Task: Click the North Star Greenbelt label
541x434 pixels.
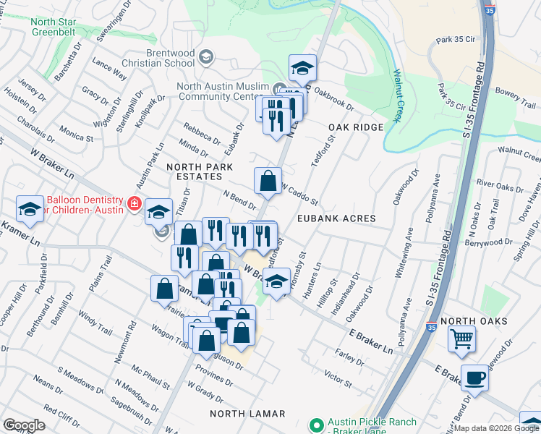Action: [x=53, y=27]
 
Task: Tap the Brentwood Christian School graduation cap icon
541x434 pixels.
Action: [x=206, y=57]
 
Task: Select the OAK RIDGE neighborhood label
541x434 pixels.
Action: [x=355, y=127]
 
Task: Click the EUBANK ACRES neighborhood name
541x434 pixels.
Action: [x=336, y=218]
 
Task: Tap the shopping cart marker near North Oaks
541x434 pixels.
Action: [x=461, y=338]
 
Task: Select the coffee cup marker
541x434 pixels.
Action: [x=475, y=377]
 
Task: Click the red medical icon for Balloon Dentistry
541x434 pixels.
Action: [x=133, y=205]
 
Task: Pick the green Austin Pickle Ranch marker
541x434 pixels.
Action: [x=315, y=426]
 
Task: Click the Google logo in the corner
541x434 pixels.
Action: [x=24, y=425]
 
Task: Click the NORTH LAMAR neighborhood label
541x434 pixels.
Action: [x=247, y=414]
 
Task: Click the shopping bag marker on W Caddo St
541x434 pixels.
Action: [x=268, y=181]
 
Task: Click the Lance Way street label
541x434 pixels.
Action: [x=110, y=69]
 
